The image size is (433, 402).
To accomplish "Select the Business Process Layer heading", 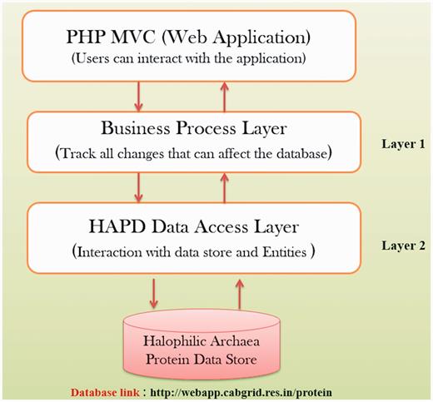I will point(195,128).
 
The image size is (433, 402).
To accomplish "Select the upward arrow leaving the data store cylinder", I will point(240,293).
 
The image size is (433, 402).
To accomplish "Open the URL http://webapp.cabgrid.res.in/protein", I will point(255,390).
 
